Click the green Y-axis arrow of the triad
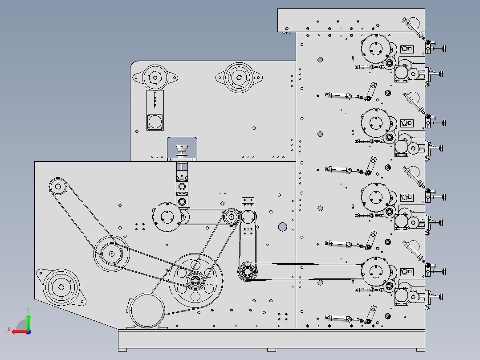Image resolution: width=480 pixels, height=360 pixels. tap(28, 319)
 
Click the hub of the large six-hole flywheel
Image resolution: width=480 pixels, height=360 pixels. tap(195, 280)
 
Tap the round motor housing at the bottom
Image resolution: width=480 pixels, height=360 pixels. tap(146, 311)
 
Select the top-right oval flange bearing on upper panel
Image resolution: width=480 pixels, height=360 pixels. tap(238, 78)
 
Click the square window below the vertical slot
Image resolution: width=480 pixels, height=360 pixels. tap(155, 122)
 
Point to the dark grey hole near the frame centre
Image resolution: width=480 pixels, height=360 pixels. tap(282, 227)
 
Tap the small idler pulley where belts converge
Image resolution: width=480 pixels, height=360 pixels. tap(231, 217)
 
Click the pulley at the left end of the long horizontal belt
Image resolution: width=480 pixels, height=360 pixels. tap(247, 271)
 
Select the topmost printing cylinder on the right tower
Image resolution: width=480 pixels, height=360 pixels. tap(375, 49)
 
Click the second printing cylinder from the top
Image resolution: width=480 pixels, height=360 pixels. tap(375, 123)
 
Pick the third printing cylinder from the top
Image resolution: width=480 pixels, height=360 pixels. tap(375, 197)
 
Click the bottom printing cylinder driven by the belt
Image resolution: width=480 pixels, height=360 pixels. tap(375, 271)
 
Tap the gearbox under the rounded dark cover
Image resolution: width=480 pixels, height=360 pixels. tap(182, 151)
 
